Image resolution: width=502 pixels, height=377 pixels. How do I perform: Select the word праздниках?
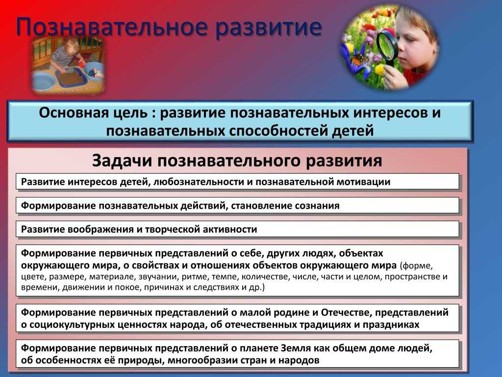[391, 325]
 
